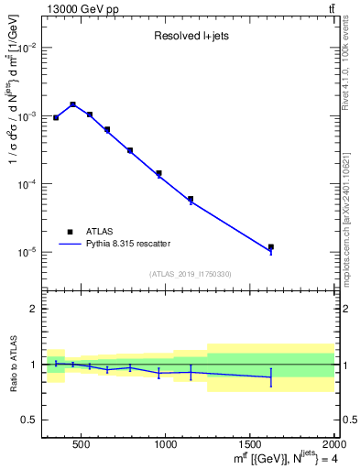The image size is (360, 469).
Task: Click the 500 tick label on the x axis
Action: pyautogui.click(x=81, y=444)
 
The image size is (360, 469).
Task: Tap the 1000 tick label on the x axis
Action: pyautogui.click(x=166, y=444)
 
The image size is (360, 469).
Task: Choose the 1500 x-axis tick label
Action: pyautogui.click(x=250, y=444)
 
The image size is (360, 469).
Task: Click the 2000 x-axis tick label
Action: pyautogui.click(x=333, y=444)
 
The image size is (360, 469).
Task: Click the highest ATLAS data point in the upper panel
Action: pyautogui.click(x=72, y=104)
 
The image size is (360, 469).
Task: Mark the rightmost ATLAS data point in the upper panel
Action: pyautogui.click(x=270, y=246)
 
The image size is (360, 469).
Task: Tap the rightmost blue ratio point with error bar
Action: pyautogui.click(x=270, y=377)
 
